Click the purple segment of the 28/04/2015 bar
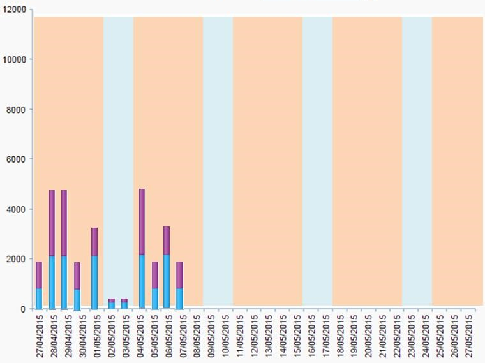[x=52, y=223]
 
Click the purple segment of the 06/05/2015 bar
[x=167, y=241]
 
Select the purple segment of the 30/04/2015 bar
[x=77, y=276]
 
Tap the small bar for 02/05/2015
[x=112, y=304]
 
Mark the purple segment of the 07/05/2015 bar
[x=179, y=275]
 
